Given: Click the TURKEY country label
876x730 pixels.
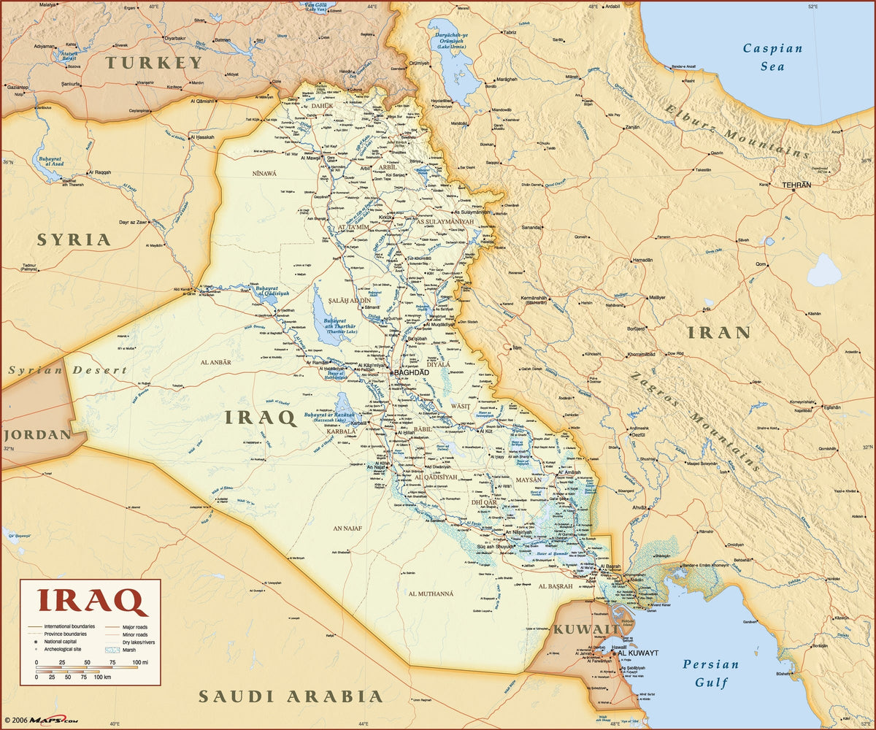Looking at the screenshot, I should [154, 63].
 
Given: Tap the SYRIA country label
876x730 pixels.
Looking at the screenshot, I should [74, 239].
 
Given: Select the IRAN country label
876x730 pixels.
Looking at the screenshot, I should [718, 333].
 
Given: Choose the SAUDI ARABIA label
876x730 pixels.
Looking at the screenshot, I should [291, 696].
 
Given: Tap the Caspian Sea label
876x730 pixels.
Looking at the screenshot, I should [772, 58].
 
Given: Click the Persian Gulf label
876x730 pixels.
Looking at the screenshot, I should [710, 674].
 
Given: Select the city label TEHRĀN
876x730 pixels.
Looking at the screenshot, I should [796, 185].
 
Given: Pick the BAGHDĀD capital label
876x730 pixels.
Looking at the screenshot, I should [412, 372].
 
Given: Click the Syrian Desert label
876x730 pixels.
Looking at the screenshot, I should [68, 370].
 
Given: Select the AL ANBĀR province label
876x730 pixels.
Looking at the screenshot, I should [215, 361].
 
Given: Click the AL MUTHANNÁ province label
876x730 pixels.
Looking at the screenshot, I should [431, 593].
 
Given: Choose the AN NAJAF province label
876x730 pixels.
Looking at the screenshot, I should [348, 528].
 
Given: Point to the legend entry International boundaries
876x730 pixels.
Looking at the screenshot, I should [69, 626].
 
